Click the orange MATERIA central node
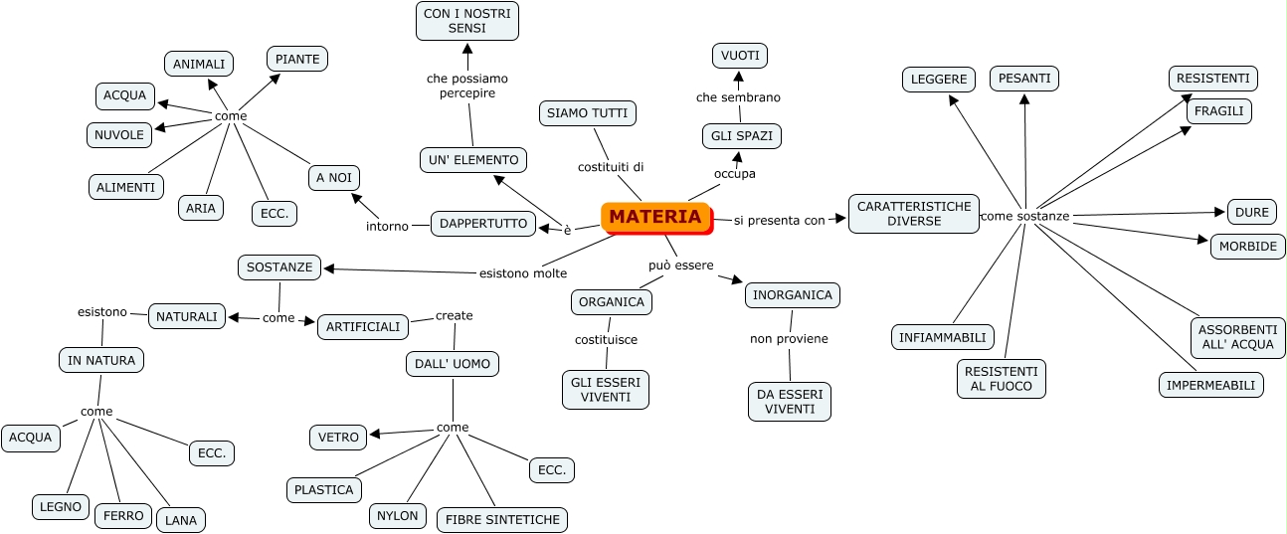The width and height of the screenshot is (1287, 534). coord(655,217)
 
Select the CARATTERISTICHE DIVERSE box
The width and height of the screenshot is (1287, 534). coord(913,214)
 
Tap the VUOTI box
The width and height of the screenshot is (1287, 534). coord(740,56)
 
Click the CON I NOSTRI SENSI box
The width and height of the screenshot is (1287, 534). coord(466,21)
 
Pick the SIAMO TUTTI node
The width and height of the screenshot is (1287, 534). coord(587,113)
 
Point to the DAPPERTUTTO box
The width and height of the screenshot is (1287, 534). coord(483,224)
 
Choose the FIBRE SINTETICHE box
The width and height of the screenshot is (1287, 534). coord(502,519)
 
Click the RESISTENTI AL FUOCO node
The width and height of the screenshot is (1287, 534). coord(1002,378)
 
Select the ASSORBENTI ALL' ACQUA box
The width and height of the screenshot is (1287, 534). coord(1238,338)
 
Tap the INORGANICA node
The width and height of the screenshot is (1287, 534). coord(792,295)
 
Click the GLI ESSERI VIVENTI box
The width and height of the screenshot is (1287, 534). coord(606,389)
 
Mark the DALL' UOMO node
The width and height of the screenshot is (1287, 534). coord(453,364)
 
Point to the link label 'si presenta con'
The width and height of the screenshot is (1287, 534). coord(779,221)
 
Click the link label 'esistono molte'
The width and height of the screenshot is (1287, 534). coord(523,273)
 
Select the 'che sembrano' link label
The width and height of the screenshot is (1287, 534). coord(738,97)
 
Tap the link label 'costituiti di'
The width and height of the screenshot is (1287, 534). coord(611,166)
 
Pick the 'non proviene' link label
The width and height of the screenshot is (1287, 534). coord(789,338)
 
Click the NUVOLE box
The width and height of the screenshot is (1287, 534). coord(119,134)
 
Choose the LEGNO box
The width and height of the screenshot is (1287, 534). coord(61,506)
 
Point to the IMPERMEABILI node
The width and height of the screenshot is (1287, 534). coord(1210,385)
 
